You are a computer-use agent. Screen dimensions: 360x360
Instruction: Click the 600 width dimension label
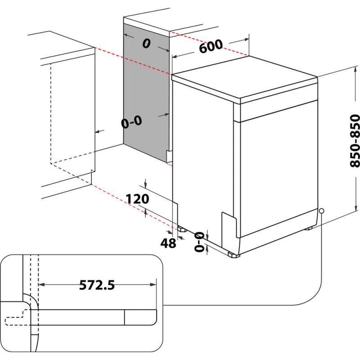click(x=211, y=46)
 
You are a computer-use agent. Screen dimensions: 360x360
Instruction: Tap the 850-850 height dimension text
click(x=355, y=141)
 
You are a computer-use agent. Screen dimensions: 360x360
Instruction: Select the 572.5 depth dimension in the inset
click(x=97, y=285)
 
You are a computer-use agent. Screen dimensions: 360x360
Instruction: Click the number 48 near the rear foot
click(x=168, y=243)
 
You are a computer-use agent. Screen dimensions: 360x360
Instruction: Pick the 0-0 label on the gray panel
click(x=131, y=121)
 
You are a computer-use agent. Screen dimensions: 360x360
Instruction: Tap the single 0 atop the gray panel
click(x=146, y=44)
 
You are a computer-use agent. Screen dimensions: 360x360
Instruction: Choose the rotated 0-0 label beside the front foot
click(x=198, y=241)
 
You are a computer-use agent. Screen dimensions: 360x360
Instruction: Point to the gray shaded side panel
click(x=146, y=90)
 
